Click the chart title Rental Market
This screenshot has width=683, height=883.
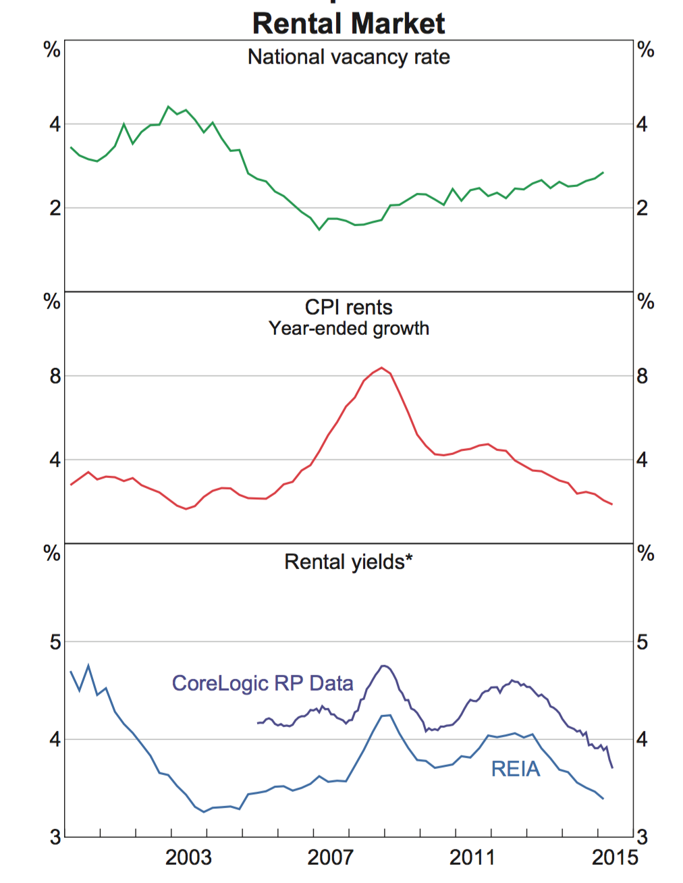pos(348,24)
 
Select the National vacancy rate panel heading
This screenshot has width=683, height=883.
pos(348,57)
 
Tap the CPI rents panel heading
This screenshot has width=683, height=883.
pos(348,308)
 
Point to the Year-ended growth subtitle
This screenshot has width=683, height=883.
pos(348,329)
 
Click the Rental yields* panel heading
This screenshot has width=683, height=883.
pos(348,562)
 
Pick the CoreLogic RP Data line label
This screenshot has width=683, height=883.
pos(263,683)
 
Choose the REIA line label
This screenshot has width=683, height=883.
pos(516,769)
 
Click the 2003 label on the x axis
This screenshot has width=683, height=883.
pos(188,857)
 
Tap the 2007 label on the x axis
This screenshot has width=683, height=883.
pos(330,857)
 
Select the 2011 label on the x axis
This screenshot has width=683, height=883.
pos(472,857)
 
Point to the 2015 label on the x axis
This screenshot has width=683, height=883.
pos(614,857)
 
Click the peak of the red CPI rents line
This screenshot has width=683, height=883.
pos(382,368)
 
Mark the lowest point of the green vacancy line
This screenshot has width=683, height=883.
pos(320,230)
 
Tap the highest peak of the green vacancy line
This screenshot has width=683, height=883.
pos(169,107)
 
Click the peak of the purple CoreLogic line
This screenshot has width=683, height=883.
pos(383,666)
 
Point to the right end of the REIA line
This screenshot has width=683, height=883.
pos(603,799)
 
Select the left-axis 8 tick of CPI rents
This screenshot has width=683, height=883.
pos(55,376)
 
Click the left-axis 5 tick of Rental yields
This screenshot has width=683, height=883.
pos(55,642)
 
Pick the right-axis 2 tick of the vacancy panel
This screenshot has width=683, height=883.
pos(642,208)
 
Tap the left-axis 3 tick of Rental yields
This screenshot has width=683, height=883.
pos(55,838)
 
